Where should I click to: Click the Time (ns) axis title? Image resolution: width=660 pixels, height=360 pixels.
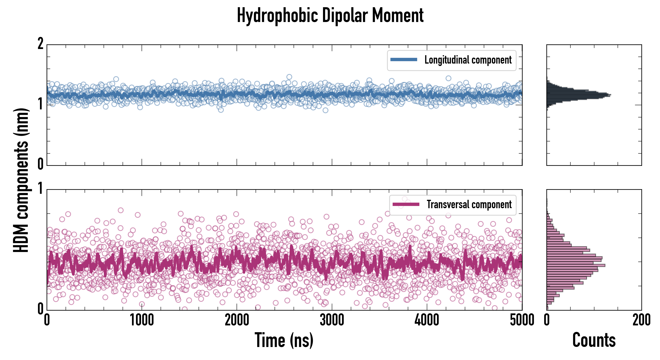(284, 340)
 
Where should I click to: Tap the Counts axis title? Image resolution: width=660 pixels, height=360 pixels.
(594, 340)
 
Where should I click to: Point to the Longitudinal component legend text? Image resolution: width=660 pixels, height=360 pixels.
(468, 60)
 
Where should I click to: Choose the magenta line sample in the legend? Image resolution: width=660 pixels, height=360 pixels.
(406, 204)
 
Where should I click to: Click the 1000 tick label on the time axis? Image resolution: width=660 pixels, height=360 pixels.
(142, 320)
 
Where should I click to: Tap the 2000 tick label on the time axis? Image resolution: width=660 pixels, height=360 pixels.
(237, 320)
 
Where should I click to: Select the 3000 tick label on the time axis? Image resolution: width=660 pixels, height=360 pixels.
(332, 320)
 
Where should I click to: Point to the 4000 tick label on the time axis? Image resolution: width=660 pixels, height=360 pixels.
(427, 320)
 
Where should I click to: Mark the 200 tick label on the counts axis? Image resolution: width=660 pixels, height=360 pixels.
(641, 320)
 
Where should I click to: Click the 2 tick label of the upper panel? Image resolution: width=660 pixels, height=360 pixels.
(40, 44)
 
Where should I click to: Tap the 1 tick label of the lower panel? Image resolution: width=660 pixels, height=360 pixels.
(40, 189)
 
